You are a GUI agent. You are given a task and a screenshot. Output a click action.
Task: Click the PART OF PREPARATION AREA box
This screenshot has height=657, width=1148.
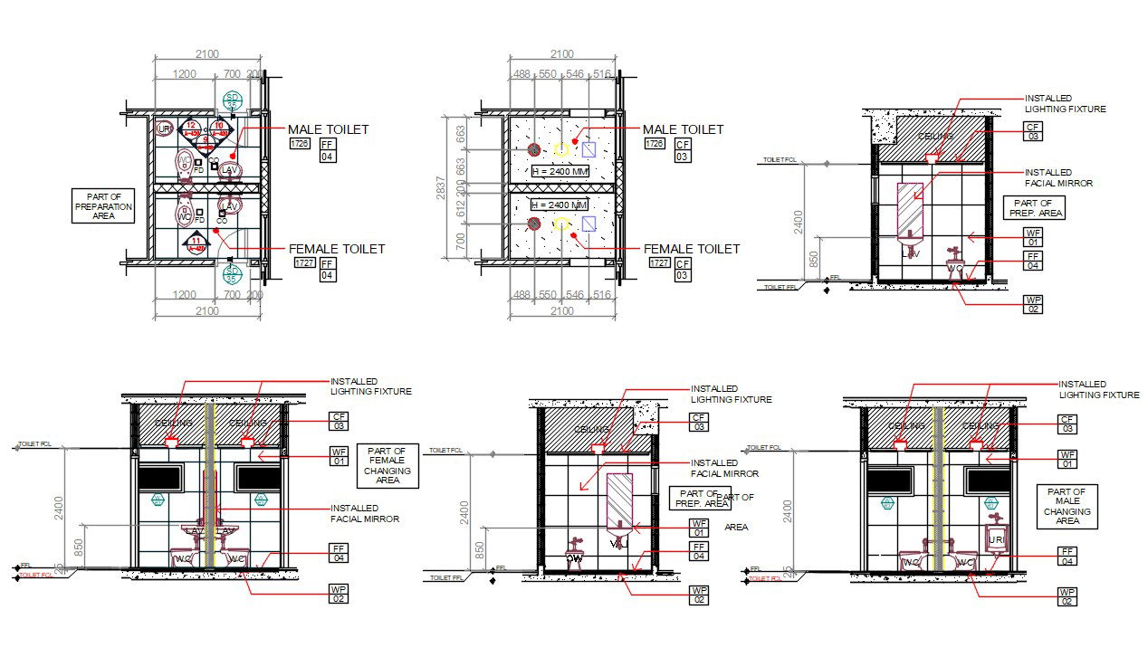pos(103,206)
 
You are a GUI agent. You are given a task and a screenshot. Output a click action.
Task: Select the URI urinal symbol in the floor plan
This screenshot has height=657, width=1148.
pos(164,129)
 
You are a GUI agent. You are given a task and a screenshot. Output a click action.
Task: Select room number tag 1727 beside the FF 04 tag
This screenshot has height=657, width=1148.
pos(305,262)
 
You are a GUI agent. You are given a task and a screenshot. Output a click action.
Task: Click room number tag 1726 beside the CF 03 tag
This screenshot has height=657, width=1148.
pos(654,143)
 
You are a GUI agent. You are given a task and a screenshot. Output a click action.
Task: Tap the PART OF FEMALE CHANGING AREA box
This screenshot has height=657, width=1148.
pos(387,465)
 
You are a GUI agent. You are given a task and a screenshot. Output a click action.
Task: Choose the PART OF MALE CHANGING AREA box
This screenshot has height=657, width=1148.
pos(1067,506)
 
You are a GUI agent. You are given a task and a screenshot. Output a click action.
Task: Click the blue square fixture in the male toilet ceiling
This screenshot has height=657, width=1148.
pos(589,149)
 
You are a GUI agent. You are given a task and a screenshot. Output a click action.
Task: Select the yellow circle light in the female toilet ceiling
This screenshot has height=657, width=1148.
pos(561,224)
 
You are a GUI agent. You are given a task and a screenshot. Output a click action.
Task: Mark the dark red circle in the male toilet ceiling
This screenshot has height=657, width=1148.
pos(534,149)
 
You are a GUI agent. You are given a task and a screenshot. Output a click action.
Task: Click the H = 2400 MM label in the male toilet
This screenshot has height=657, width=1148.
pos(560,172)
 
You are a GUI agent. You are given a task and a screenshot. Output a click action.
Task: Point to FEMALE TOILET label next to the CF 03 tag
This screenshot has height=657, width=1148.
pos(691,249)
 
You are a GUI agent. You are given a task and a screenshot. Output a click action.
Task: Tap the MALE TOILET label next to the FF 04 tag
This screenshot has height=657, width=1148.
pos(328,129)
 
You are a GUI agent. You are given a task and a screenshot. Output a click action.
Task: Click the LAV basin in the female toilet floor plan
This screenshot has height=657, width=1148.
pos(230,206)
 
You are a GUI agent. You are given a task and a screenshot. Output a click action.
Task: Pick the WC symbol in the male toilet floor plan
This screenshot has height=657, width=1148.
pos(185,163)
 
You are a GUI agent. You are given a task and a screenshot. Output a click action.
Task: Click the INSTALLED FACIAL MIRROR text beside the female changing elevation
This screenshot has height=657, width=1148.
pos(364,513)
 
